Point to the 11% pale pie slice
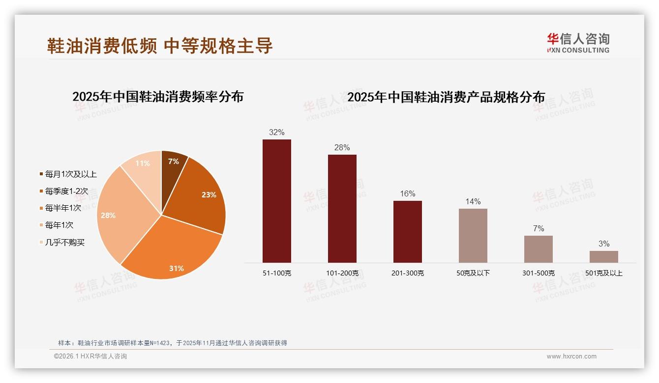tap(144, 164)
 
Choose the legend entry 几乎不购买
tap(64, 242)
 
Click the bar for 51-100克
tap(277, 201)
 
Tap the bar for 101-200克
tap(342, 209)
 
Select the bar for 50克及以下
tap(473, 236)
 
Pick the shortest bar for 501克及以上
tap(604, 257)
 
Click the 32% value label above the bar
tap(277, 132)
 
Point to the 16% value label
tap(408, 193)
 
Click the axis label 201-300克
tap(408, 273)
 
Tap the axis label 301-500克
tap(539, 273)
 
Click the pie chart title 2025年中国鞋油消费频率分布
tap(158, 97)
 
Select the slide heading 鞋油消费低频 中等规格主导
tap(160, 46)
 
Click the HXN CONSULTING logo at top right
tap(578, 43)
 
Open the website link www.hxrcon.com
tap(571, 356)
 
